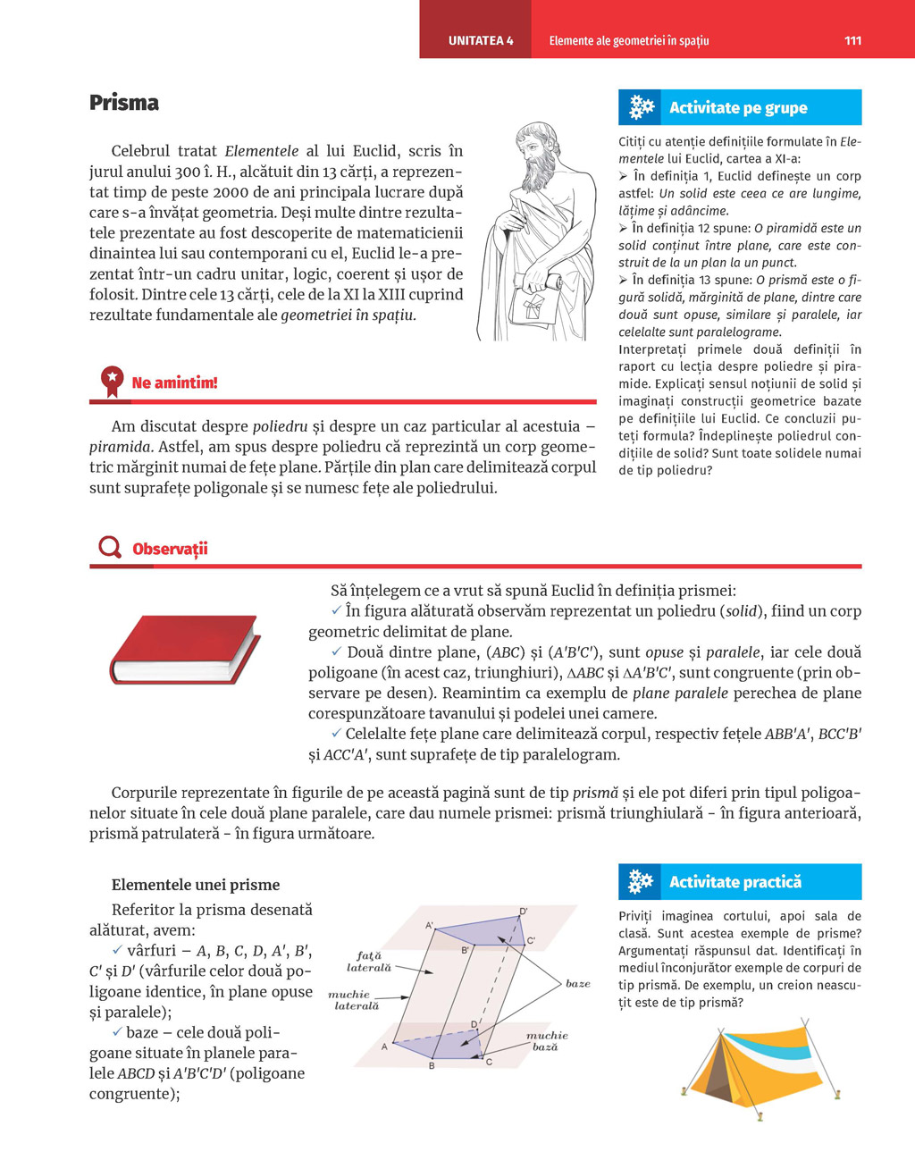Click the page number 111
tap(852, 40)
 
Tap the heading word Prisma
tap(124, 103)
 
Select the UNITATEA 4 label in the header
tap(481, 40)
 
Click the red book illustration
tap(184, 650)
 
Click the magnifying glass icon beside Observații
tap(110, 547)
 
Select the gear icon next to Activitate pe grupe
tap(641, 107)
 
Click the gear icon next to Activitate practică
tap(641, 881)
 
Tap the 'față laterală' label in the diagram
tap(368, 962)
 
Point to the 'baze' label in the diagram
tap(577, 983)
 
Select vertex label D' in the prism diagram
tap(524, 912)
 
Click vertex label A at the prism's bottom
tap(385, 1047)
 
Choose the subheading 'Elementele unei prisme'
tap(196, 885)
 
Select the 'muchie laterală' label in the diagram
tap(353, 1000)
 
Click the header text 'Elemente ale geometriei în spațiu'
tap(629, 40)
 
